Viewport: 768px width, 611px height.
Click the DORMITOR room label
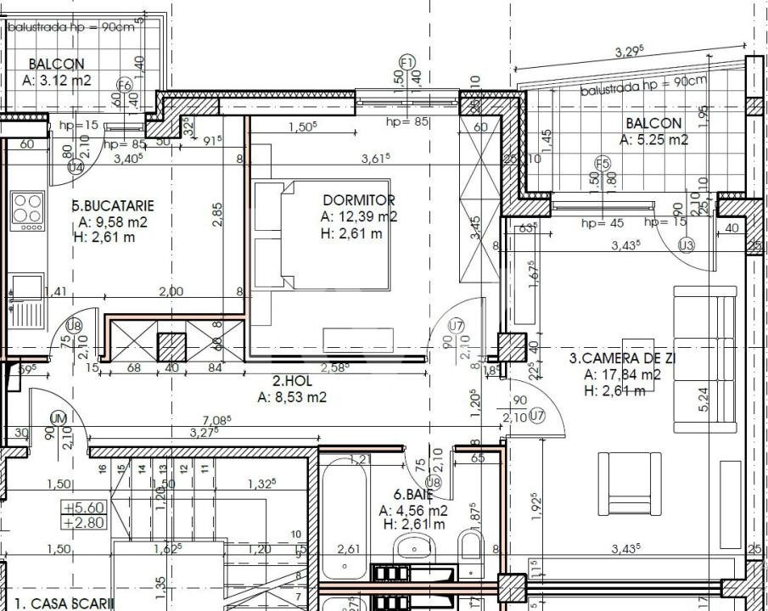pyautogui.click(x=359, y=200)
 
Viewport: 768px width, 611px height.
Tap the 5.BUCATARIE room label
pyautogui.click(x=112, y=205)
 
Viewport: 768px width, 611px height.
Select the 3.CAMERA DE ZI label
pyautogui.click(x=622, y=358)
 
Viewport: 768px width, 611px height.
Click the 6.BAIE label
pyautogui.click(x=413, y=494)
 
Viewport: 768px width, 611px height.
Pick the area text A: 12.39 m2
pyautogui.click(x=359, y=216)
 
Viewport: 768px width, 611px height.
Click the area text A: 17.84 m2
pyautogui.click(x=622, y=374)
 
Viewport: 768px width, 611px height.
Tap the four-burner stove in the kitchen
pyautogui.click(x=27, y=210)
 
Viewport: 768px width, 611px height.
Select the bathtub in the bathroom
pyautogui.click(x=344, y=518)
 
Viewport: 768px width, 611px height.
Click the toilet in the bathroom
pyautogui.click(x=469, y=545)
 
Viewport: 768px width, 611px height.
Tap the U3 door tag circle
pyautogui.click(x=687, y=246)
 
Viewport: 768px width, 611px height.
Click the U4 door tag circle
pyautogui.click(x=76, y=167)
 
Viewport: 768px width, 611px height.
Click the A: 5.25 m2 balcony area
pyautogui.click(x=653, y=141)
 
